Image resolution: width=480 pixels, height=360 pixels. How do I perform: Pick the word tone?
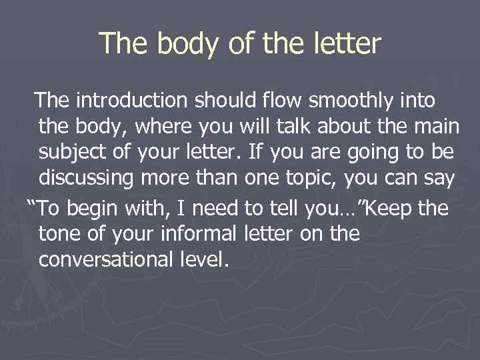61,234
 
